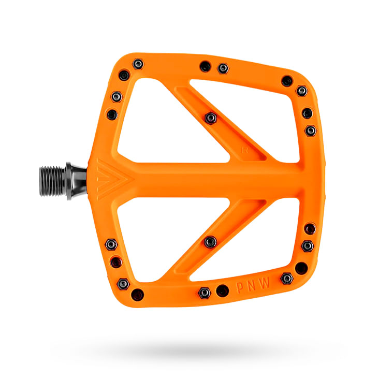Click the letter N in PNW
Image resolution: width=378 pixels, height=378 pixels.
(252, 285)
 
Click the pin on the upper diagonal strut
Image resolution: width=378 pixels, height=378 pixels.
(210, 118)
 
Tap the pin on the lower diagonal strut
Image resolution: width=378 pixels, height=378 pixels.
(210, 242)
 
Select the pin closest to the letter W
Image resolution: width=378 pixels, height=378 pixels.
(286, 279)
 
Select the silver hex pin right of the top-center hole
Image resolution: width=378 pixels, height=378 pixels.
(223, 68)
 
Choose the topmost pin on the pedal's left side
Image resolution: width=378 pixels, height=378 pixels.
(138, 64)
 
